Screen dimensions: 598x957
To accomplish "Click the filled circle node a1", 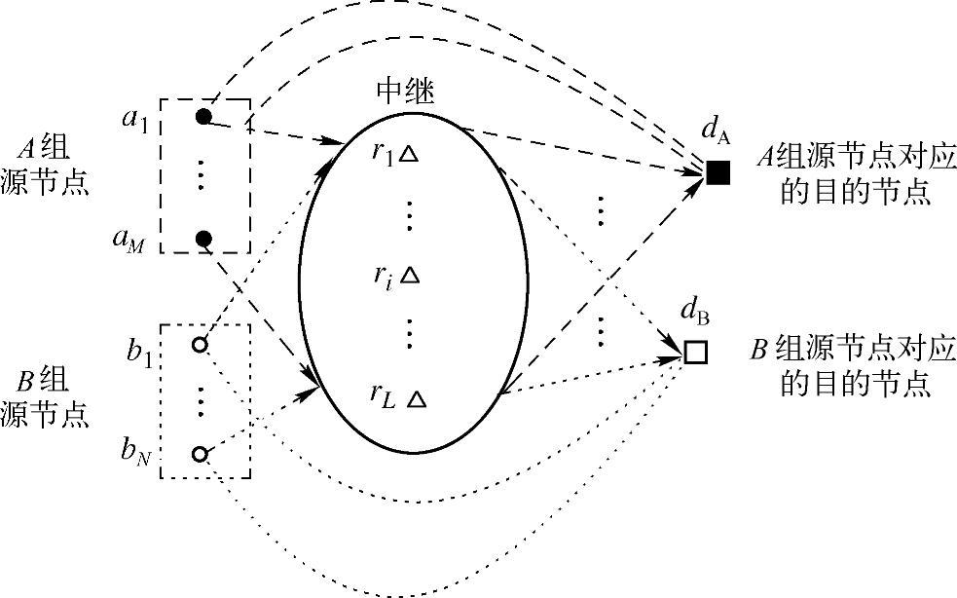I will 202,117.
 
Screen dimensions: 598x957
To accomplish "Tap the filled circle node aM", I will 202,239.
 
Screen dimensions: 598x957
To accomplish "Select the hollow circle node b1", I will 200,345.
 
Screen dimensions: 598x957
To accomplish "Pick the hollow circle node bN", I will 200,454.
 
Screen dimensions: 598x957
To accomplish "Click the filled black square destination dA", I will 718,173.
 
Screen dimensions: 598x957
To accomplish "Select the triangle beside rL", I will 416,398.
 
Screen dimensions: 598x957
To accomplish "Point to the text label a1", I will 133,120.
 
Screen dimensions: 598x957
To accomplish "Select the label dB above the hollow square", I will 695,314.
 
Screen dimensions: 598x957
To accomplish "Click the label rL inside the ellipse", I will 383,394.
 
